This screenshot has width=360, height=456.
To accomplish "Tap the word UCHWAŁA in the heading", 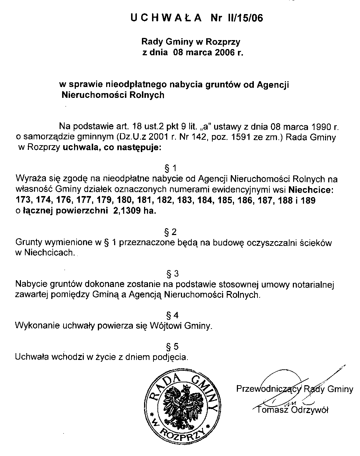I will [166, 18].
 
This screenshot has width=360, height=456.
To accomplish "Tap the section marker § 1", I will [171, 168].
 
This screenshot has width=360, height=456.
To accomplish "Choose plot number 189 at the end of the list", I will [308, 201].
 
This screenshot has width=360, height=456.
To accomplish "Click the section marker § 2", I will [171, 232].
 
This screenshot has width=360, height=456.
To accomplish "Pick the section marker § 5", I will [171, 347].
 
